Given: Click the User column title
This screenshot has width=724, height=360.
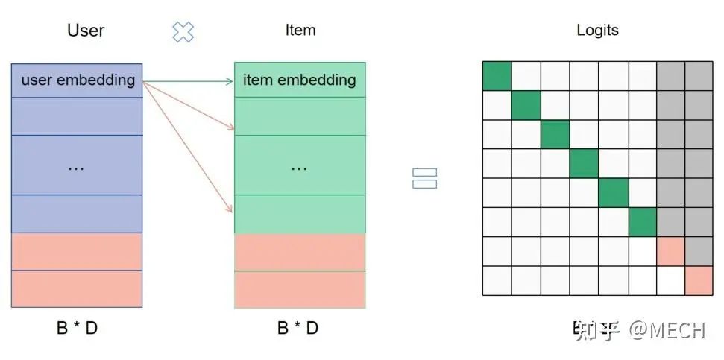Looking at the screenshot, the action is click(x=86, y=31).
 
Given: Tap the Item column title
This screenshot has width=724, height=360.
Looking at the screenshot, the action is click(x=300, y=31).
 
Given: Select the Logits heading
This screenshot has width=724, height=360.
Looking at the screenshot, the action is click(x=597, y=31).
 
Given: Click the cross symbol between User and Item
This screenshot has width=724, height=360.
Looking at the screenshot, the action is click(x=183, y=31).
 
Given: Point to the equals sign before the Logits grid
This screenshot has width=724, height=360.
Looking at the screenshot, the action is click(x=424, y=178).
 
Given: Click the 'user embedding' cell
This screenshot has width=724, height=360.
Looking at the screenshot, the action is click(x=78, y=80).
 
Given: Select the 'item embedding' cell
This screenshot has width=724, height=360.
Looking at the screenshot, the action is click(x=300, y=80).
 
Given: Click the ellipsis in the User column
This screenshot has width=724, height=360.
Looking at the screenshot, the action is click(x=76, y=167).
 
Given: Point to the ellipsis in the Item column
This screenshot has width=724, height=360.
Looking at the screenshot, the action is click(x=299, y=167).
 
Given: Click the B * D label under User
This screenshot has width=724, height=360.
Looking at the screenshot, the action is click(x=77, y=328).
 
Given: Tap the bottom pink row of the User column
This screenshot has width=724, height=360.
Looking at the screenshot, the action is click(x=77, y=289).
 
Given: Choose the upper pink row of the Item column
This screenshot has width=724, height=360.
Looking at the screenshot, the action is click(x=300, y=252).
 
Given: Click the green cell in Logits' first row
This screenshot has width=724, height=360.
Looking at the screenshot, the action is click(x=497, y=76).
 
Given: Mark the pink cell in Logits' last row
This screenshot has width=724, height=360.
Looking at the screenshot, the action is click(x=699, y=280).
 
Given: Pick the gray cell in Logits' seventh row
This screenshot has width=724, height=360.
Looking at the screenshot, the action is click(x=699, y=251).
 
